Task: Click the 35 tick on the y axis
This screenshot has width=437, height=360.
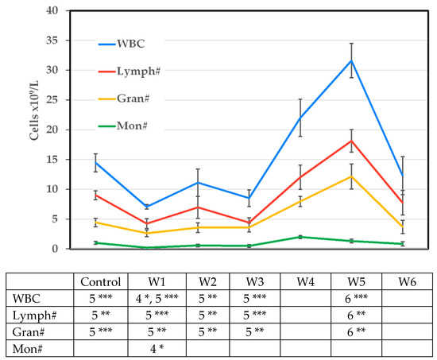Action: (x=52, y=41)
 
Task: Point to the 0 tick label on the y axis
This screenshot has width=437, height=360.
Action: (x=55, y=249)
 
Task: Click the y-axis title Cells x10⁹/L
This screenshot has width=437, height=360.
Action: (x=34, y=110)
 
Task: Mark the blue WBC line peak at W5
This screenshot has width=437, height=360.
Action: (x=352, y=60)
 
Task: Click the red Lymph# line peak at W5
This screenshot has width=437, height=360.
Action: (x=352, y=141)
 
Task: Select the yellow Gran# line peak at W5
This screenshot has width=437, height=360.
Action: (x=352, y=176)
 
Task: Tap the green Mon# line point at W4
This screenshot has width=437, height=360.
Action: (x=300, y=237)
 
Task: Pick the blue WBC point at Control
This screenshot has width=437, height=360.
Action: (x=95, y=163)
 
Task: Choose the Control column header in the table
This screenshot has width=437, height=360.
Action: (x=101, y=282)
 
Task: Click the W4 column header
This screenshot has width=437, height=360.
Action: (x=305, y=282)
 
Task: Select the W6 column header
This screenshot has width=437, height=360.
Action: (x=407, y=282)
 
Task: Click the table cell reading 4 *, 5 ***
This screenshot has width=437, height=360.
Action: (x=157, y=299)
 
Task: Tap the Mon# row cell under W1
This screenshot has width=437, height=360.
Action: (x=157, y=349)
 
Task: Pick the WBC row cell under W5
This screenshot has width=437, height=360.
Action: (x=356, y=299)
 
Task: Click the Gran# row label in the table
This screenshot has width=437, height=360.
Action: (x=29, y=332)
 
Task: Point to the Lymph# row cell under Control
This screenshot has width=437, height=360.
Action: (x=101, y=315)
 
